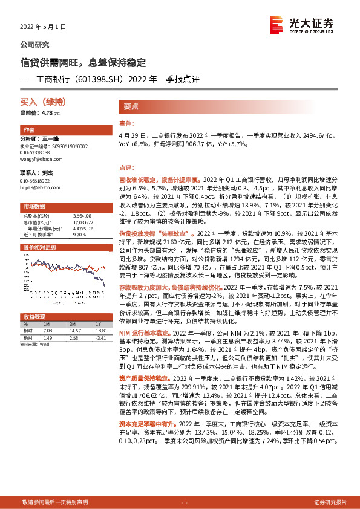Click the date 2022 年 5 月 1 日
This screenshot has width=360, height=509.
coord(43,27)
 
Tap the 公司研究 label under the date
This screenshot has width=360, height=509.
coord(35,44)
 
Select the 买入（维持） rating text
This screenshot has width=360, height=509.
coord(41,103)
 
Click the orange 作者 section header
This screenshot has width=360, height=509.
coord(28,131)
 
